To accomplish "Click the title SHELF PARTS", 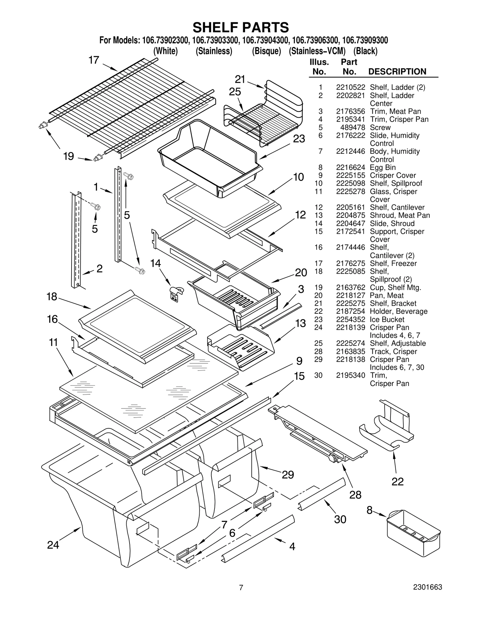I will (240, 27).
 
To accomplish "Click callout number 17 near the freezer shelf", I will (93, 60).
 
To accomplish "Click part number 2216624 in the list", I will (350, 168).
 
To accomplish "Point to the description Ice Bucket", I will (387, 319).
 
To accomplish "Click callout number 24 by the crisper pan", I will (53, 545).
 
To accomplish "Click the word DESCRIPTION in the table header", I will (397, 72).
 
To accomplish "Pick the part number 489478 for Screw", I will (353, 128).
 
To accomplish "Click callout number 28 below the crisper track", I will (355, 495).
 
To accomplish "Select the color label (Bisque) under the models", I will (266, 51).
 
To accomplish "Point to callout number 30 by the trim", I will (340, 519).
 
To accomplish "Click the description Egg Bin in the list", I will (382, 168).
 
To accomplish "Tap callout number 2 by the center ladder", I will (100, 269).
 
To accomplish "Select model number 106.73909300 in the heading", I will (365, 40).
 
